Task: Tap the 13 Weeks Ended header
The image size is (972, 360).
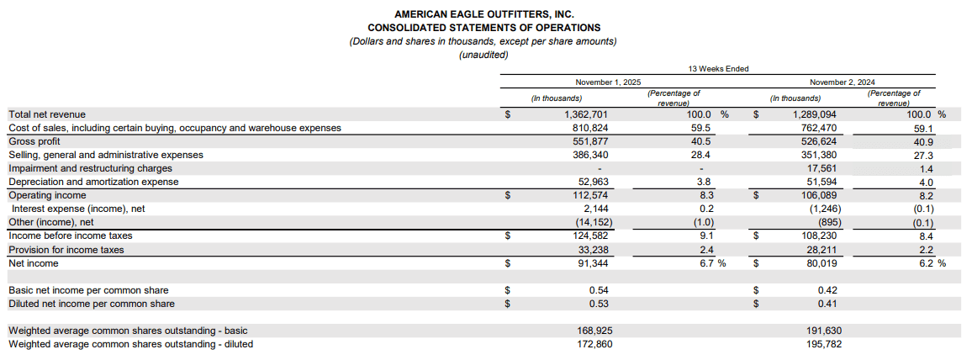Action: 717,69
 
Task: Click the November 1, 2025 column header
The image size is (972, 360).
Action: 608,82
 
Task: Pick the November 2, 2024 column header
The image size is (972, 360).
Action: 843,82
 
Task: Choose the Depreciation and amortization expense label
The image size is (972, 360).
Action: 93,182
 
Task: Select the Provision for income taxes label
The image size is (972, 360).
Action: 66,250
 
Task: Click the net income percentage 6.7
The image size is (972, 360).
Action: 706,263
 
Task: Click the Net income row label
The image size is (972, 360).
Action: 34,263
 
